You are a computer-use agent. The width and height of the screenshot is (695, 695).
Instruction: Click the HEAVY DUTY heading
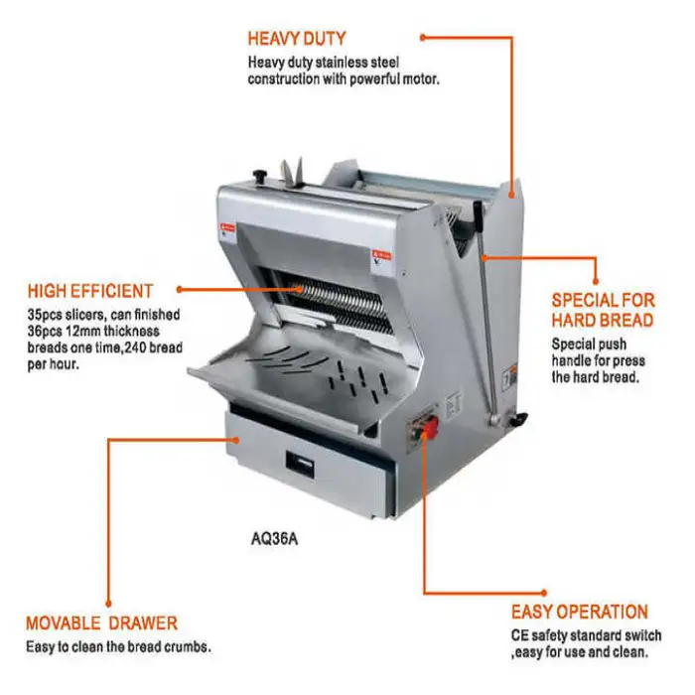(297, 39)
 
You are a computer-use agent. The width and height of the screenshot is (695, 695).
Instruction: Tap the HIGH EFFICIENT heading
(90, 291)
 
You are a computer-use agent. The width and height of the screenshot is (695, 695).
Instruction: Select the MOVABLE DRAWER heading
(101, 624)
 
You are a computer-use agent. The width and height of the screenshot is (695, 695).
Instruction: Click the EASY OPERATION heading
(579, 612)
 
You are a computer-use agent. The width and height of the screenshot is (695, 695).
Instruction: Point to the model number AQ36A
(274, 539)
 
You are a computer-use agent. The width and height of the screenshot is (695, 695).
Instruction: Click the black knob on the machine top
(258, 175)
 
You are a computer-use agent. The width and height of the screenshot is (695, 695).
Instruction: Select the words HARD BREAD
(603, 320)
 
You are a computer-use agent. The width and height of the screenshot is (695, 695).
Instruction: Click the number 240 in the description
(134, 347)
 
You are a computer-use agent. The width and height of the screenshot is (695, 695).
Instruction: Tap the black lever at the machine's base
(517, 419)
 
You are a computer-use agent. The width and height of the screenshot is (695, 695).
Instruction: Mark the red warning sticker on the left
(227, 228)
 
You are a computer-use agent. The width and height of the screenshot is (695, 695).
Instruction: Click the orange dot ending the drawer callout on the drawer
(236, 440)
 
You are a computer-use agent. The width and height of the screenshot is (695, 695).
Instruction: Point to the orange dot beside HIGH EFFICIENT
(179, 290)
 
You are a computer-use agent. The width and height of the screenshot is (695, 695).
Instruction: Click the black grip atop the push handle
(478, 216)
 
